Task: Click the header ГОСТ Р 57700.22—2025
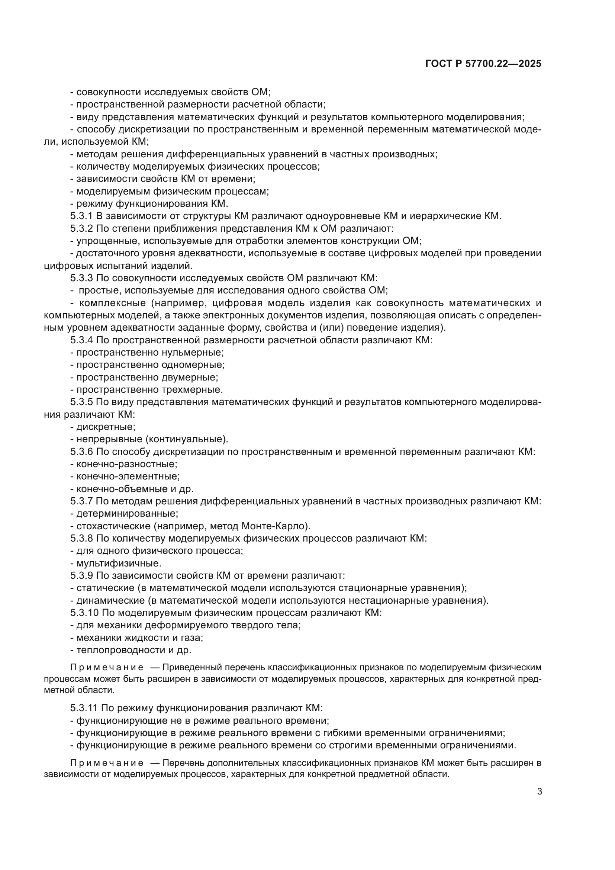[483, 64]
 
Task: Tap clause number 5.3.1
[81, 216]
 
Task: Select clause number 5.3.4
[81, 340]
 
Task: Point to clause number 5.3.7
[81, 501]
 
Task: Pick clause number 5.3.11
[84, 708]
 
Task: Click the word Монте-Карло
[274, 526]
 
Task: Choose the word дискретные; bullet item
[106, 427]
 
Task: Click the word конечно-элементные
[128, 476]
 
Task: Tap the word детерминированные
[127, 513]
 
